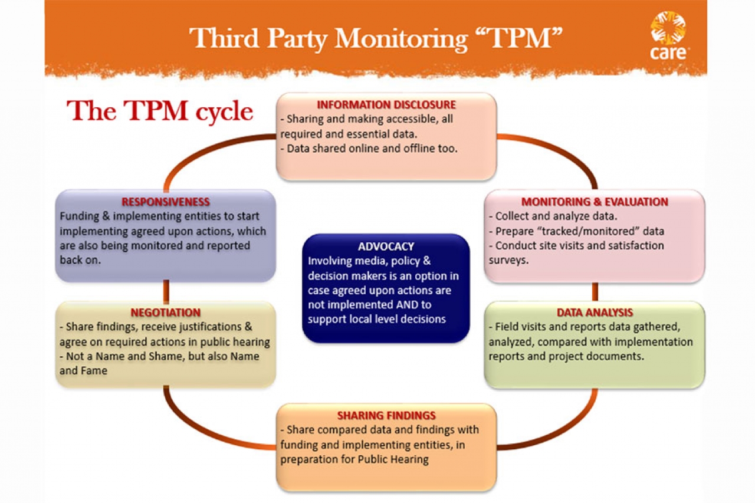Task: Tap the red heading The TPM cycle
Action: (x=160, y=110)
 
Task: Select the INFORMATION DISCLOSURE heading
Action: (x=386, y=105)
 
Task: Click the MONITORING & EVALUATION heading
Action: (x=595, y=202)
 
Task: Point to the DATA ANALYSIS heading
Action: (x=595, y=313)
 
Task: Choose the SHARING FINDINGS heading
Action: (x=386, y=416)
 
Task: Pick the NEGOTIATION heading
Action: (x=165, y=313)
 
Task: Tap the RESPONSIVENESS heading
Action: (x=165, y=202)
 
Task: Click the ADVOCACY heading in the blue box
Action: (x=386, y=246)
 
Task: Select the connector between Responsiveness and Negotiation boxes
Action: (x=166, y=292)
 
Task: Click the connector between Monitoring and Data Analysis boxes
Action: (x=595, y=292)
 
